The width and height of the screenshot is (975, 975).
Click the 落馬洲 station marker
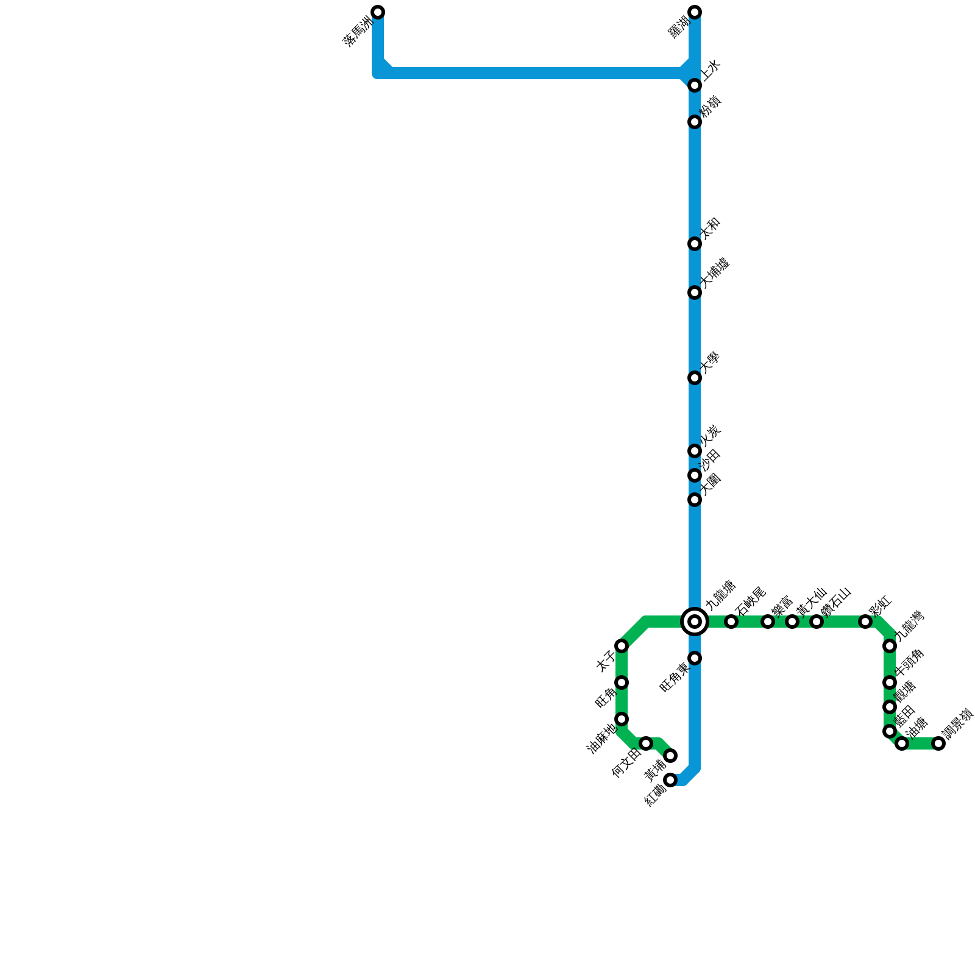click(x=378, y=12)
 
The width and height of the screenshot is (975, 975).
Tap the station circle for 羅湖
click(x=695, y=12)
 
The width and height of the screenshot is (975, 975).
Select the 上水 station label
click(x=711, y=70)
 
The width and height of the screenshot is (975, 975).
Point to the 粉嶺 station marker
click(x=695, y=122)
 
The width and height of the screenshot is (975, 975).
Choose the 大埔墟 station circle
click(x=695, y=292)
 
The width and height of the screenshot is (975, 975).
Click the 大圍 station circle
click(x=695, y=500)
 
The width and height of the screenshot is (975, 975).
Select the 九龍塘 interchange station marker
click(x=695, y=622)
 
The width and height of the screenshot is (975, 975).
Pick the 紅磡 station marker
click(x=670, y=780)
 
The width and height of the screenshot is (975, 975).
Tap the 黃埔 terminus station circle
click(x=670, y=756)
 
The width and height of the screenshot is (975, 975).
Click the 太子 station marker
click(x=622, y=646)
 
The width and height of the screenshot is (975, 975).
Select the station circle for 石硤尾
click(x=731, y=622)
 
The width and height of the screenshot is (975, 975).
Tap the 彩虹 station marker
click(x=865, y=622)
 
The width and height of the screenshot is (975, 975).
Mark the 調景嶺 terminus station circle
click(x=938, y=743)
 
